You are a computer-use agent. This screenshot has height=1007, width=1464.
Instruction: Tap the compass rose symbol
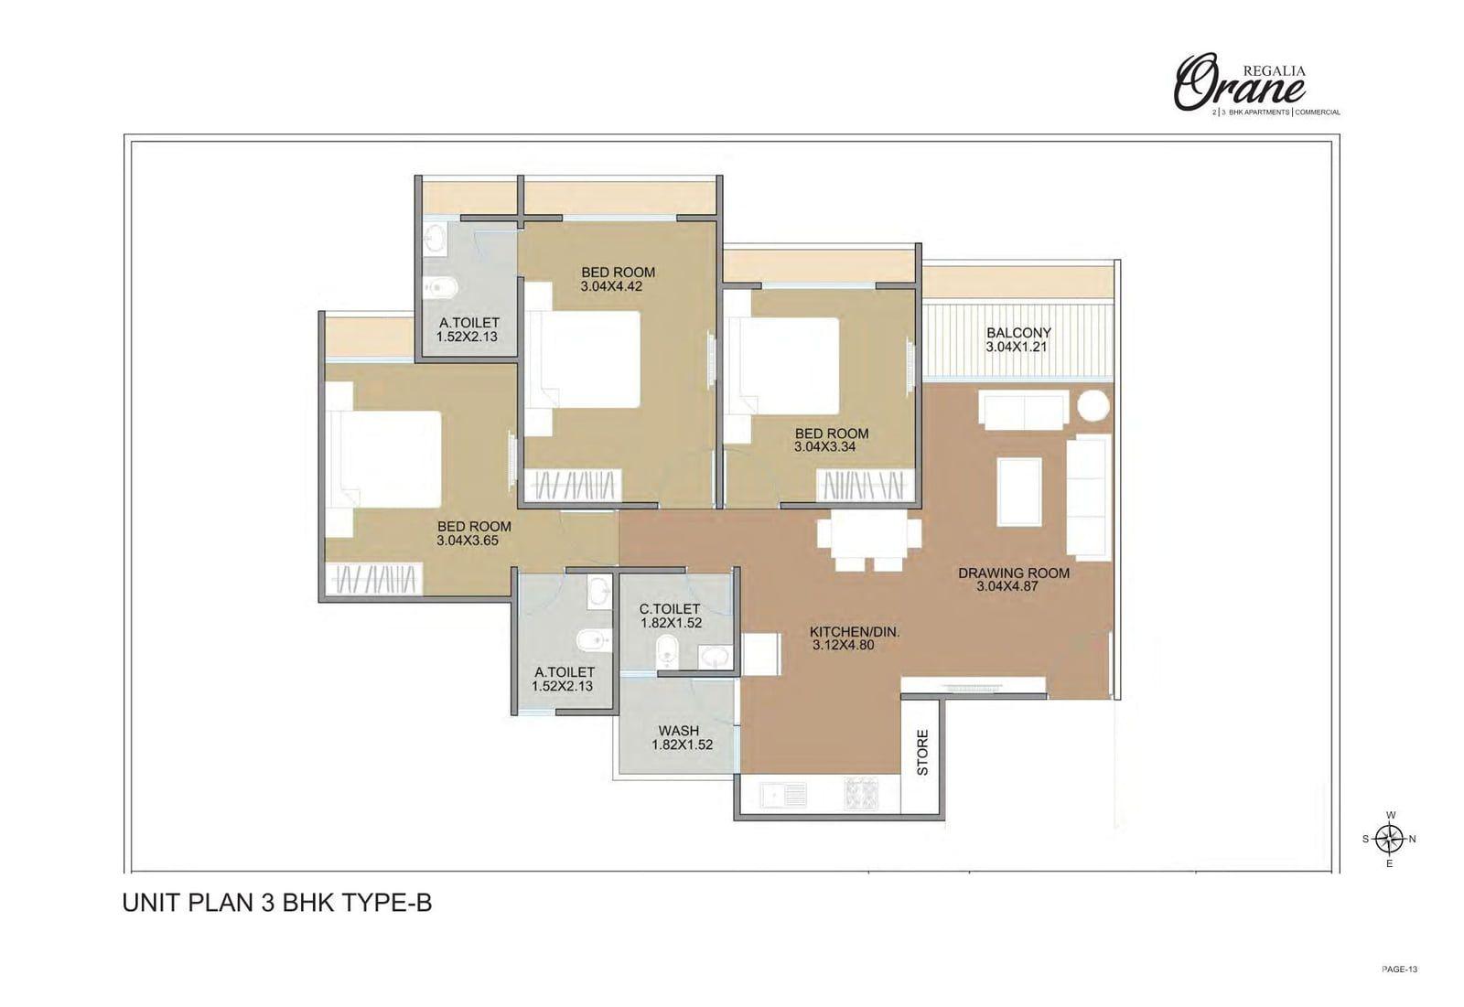point(1390,839)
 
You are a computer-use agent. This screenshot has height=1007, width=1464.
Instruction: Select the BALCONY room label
point(1018,333)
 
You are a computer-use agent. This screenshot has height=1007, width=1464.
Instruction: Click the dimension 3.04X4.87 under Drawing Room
point(1007,586)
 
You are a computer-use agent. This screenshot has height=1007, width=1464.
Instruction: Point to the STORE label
point(923,752)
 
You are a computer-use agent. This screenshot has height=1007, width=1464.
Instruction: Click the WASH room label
point(678,731)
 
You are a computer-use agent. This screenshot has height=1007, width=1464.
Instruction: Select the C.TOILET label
point(669,609)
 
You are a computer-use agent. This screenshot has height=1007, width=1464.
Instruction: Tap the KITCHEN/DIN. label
point(855,632)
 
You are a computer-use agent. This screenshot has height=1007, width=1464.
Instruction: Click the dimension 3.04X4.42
point(611,286)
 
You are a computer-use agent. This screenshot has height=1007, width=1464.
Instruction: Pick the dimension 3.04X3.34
point(824,447)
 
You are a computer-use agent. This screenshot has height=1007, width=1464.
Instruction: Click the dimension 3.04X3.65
point(468,541)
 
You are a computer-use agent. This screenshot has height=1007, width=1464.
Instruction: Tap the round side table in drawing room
point(1093,406)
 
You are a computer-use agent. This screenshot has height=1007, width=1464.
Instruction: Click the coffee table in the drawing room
point(1019,492)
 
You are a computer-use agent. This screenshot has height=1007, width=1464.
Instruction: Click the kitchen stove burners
point(861,794)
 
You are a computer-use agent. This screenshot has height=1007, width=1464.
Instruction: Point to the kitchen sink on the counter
point(784,795)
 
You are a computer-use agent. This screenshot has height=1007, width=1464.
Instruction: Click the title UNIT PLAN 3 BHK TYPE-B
point(277,903)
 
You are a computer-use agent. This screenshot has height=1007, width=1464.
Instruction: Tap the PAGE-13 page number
point(1399,970)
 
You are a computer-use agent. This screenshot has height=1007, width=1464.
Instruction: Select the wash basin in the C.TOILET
point(715,656)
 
